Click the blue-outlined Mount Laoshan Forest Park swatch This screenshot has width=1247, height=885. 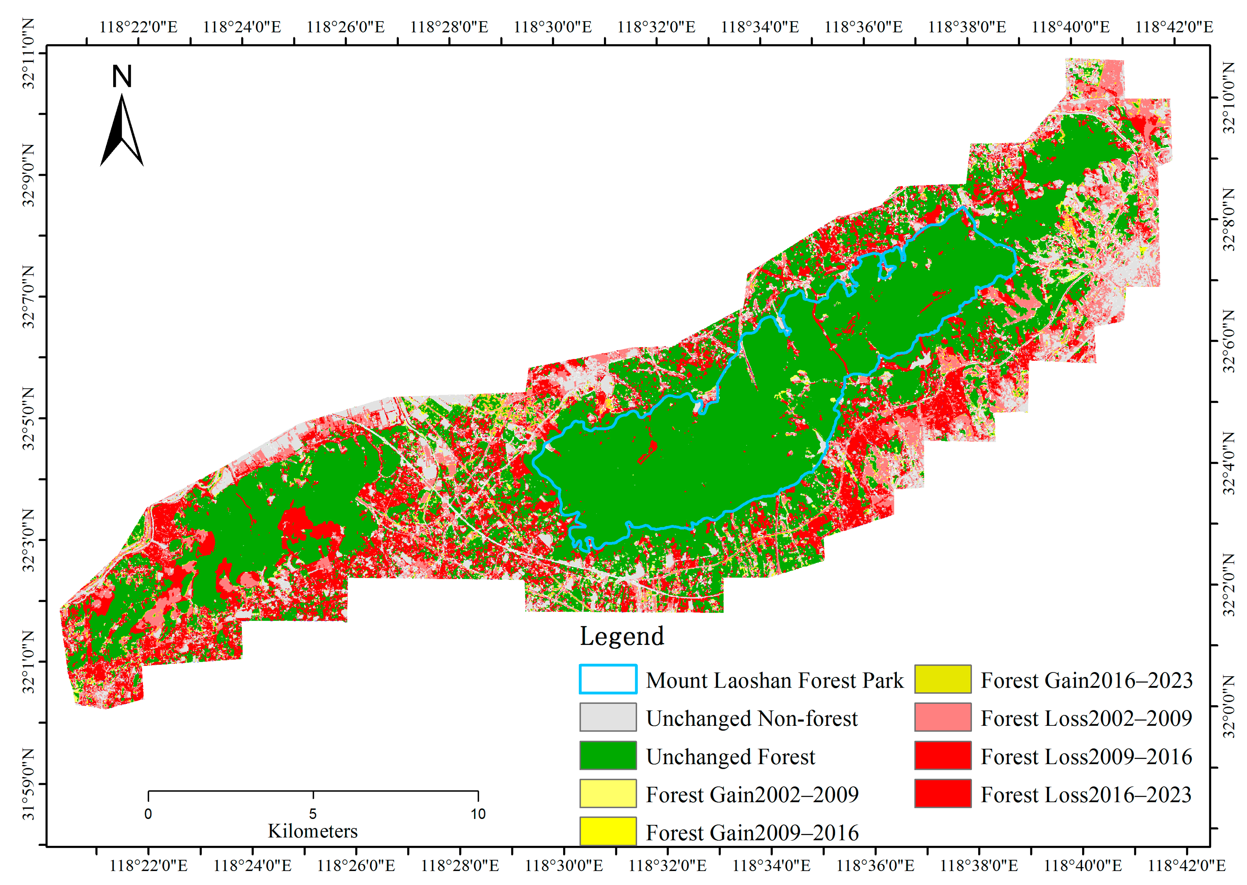click(x=608, y=679)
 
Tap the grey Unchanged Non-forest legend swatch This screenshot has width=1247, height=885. click(x=608, y=717)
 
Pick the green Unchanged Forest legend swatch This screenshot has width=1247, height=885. click(x=608, y=755)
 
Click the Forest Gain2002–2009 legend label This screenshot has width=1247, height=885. click(x=752, y=794)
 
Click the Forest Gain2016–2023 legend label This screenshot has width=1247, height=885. click(x=1086, y=680)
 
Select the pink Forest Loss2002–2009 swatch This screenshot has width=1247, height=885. click(x=942, y=717)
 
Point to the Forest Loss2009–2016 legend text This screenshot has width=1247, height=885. click(x=1086, y=756)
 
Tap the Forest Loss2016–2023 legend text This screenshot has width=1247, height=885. click(x=1086, y=794)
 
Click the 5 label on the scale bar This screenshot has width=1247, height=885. click(x=313, y=814)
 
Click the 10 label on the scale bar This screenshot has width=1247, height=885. click(x=478, y=814)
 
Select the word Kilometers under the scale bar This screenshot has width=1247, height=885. click(x=313, y=831)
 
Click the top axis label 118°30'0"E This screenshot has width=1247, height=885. click(x=552, y=27)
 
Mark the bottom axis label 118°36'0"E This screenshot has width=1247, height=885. click(x=875, y=865)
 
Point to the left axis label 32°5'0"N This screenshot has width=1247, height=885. click(x=28, y=419)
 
